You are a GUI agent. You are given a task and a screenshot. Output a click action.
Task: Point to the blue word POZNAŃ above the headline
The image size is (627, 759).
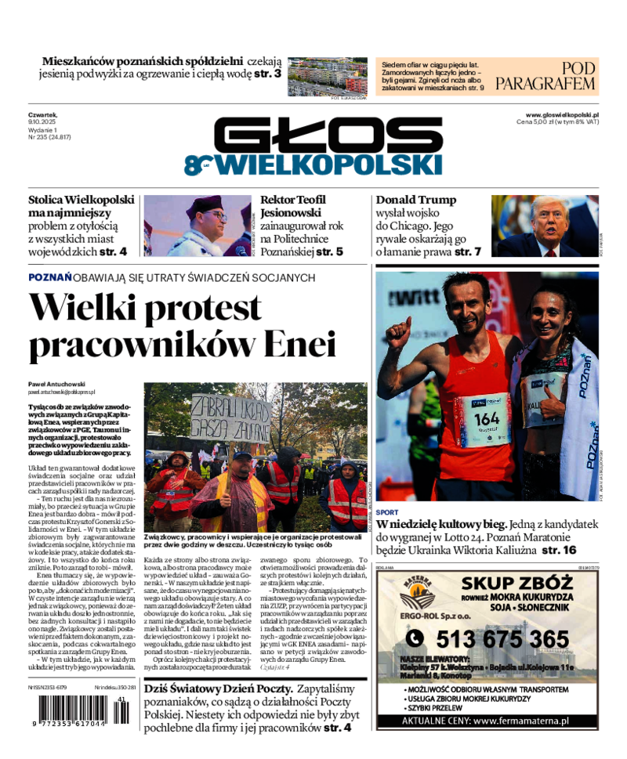[x=50, y=277]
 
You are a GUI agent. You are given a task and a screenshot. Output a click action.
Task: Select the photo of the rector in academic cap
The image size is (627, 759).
[x=197, y=226]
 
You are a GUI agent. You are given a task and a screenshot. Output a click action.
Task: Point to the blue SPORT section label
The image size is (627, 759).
[x=387, y=512]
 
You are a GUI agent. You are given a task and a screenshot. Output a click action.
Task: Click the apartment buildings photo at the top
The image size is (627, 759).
[x=328, y=77]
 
